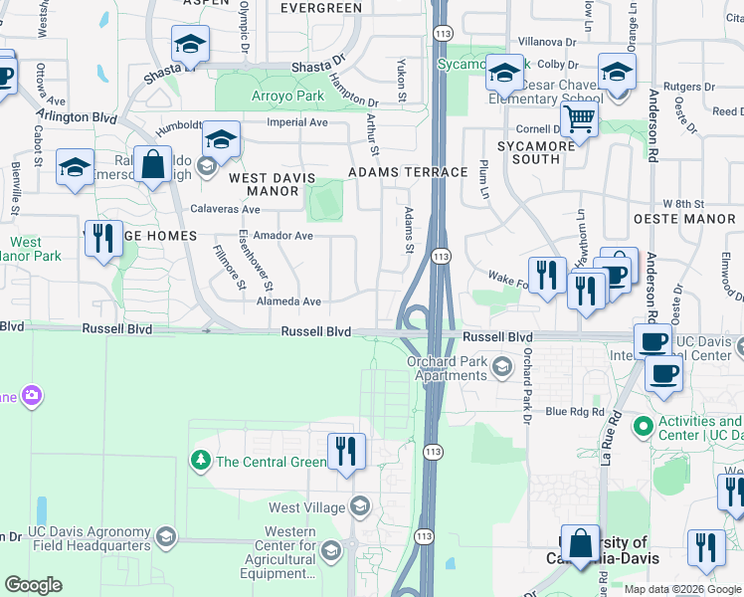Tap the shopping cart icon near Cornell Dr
click(x=578, y=121)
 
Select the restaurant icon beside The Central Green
click(x=346, y=452)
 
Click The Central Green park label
click(x=271, y=462)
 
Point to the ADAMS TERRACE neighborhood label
click(x=407, y=172)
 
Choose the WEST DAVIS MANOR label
click(x=272, y=184)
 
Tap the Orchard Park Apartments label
click(x=446, y=368)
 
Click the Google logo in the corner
click(x=32, y=585)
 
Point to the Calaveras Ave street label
click(x=227, y=210)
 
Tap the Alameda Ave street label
click(x=288, y=300)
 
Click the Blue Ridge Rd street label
click(x=575, y=411)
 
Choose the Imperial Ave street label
click(x=297, y=123)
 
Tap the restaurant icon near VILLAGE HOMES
click(x=103, y=239)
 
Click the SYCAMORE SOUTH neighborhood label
click(x=536, y=152)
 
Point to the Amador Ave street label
click(x=282, y=236)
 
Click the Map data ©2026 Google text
click(x=682, y=589)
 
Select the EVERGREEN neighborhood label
click(x=320, y=8)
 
